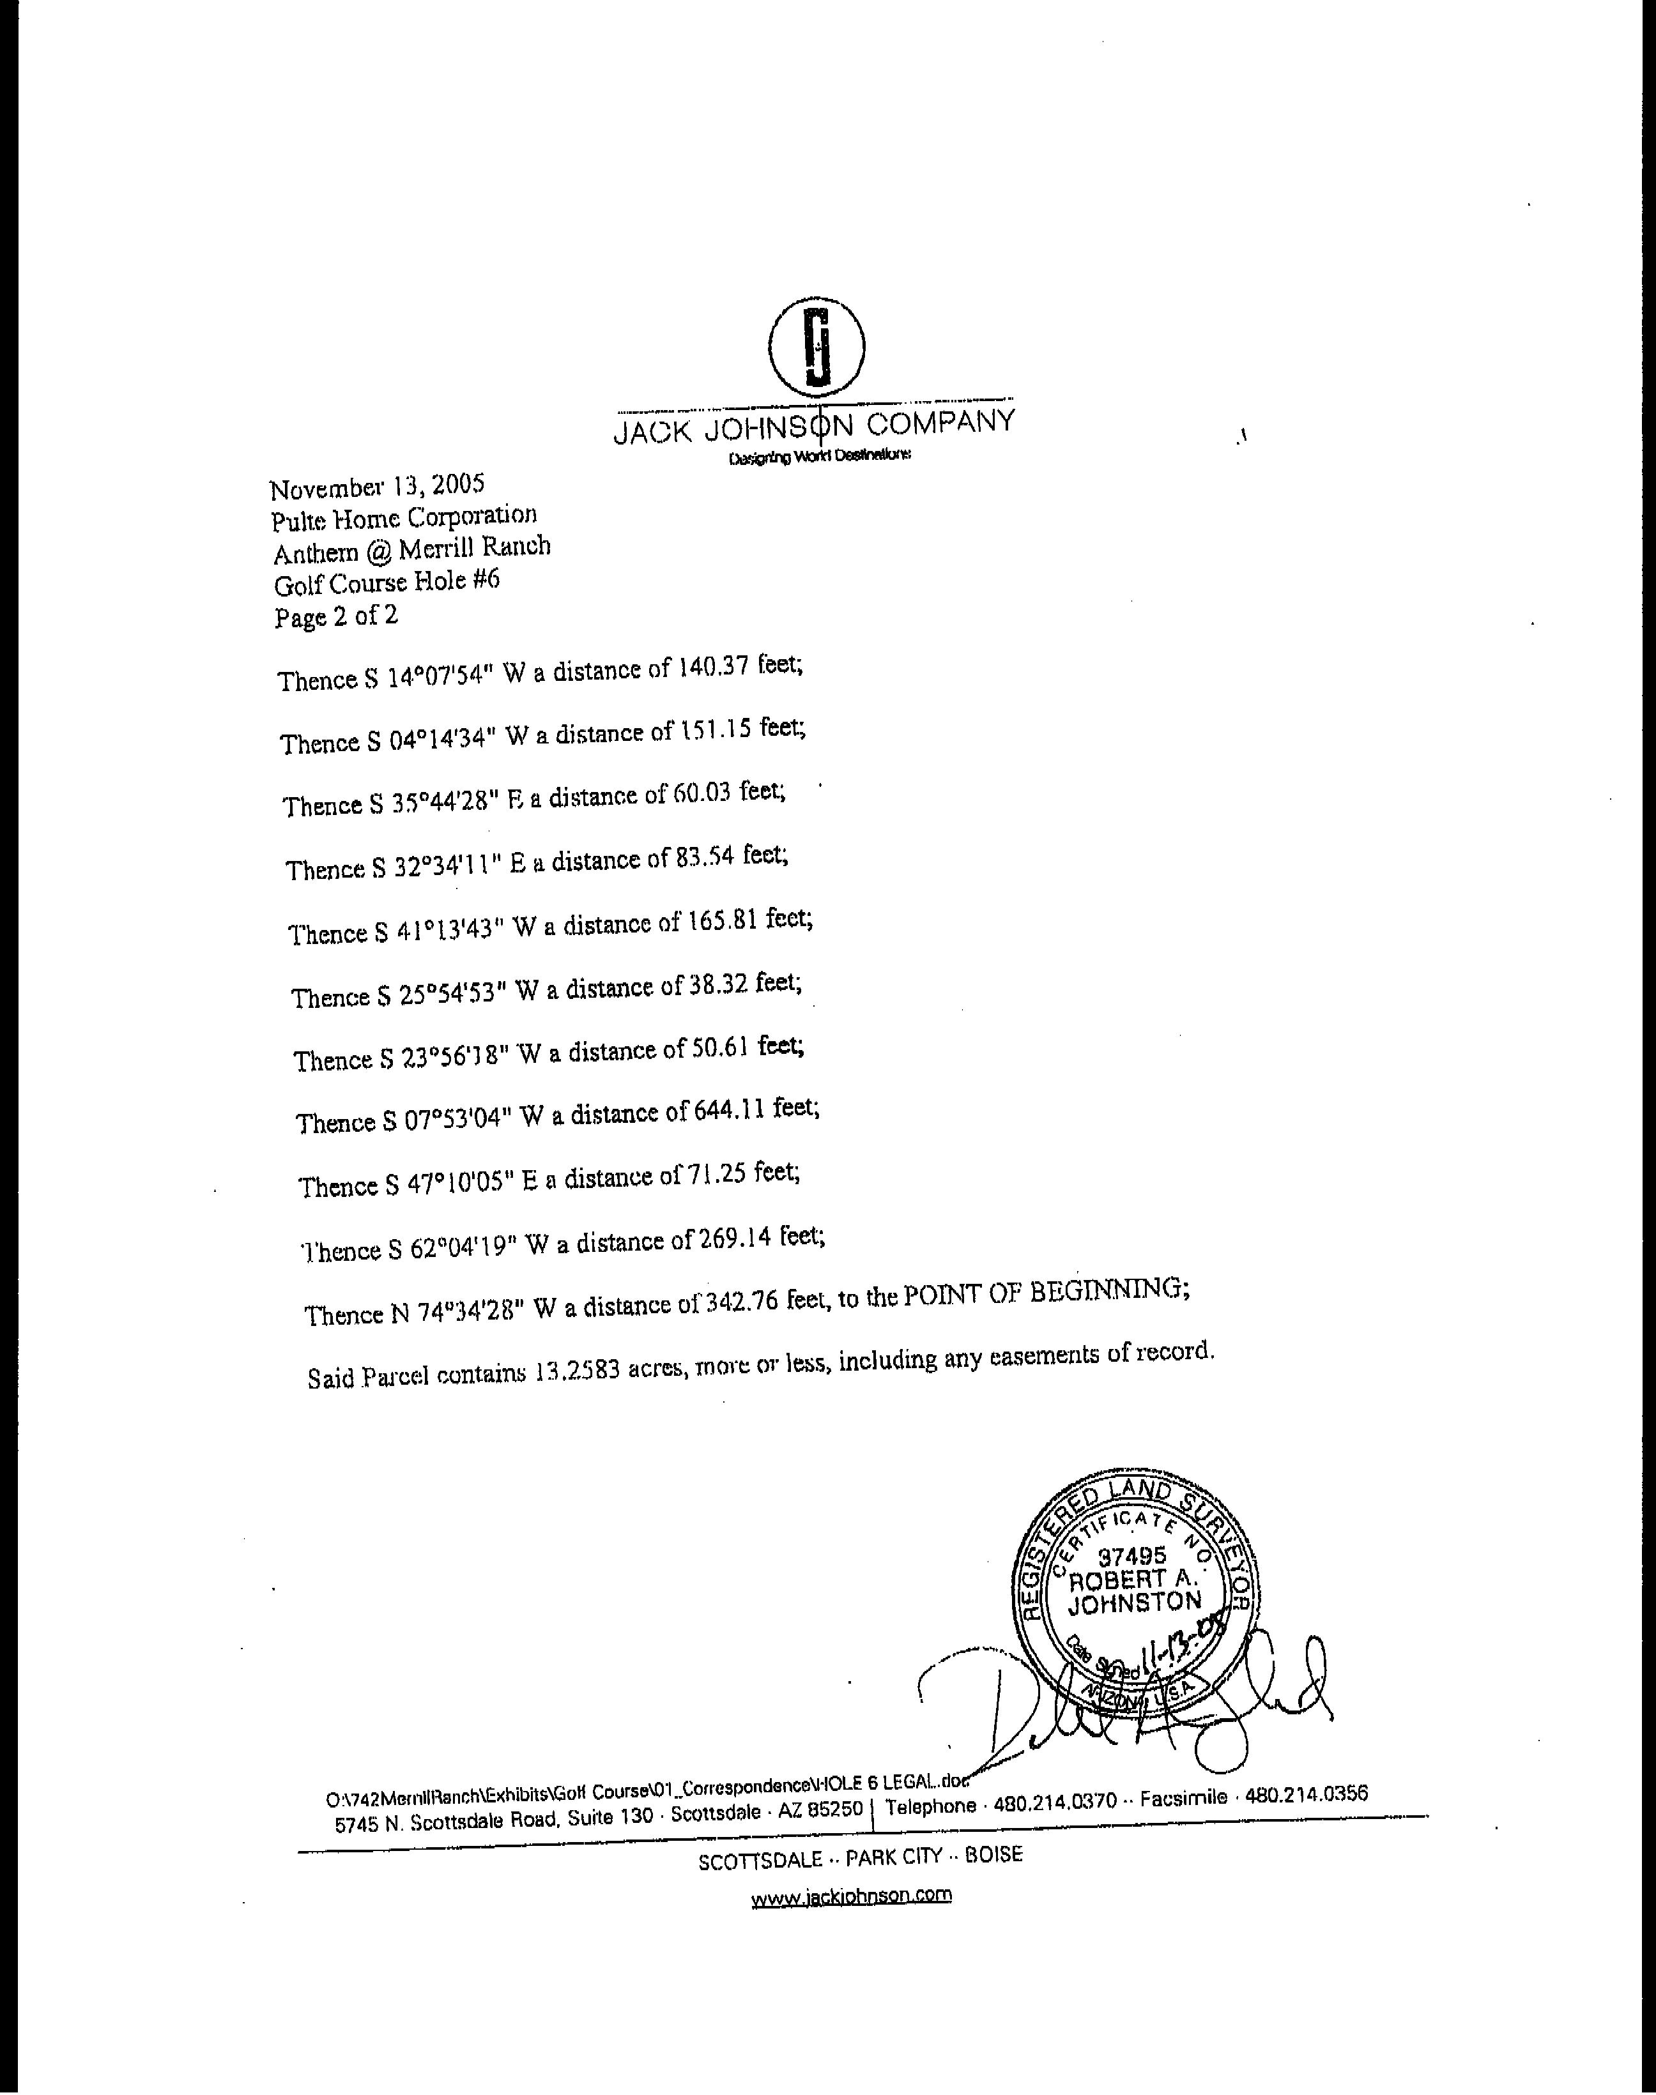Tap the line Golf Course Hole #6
(387, 584)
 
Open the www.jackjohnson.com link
(850, 1895)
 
